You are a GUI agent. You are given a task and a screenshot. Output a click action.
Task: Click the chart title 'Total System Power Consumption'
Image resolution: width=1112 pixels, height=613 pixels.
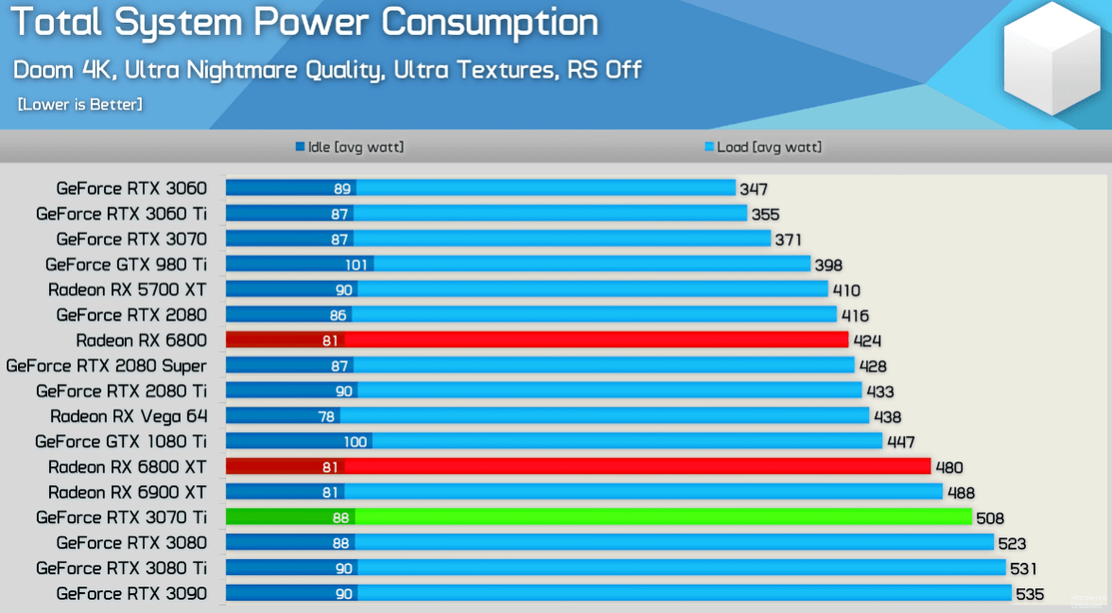click(x=304, y=23)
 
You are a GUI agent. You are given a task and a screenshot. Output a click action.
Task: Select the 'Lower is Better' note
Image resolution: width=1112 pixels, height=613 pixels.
click(x=80, y=104)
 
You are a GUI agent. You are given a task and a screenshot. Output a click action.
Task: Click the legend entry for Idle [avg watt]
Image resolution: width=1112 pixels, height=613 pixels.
click(x=349, y=148)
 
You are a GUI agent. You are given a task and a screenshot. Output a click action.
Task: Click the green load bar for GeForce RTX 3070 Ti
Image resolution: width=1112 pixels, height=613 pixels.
click(x=662, y=517)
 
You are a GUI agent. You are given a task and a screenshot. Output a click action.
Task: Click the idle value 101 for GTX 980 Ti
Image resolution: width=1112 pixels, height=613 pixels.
click(x=356, y=265)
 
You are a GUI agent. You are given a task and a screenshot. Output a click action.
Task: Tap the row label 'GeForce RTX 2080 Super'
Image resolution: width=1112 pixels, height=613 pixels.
click(x=106, y=365)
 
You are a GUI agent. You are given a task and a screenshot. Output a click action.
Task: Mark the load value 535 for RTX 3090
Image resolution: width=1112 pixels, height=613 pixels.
click(x=1029, y=594)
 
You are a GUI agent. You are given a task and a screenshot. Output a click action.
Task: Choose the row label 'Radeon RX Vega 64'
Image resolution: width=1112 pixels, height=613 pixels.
click(x=128, y=416)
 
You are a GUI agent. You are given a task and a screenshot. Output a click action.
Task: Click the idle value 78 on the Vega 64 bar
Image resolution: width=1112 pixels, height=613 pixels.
click(x=326, y=416)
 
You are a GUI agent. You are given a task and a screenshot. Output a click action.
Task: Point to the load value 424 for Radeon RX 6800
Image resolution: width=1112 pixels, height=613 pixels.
click(x=866, y=341)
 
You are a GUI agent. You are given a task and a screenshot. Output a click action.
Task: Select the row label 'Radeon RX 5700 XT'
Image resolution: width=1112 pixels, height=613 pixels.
click(x=127, y=289)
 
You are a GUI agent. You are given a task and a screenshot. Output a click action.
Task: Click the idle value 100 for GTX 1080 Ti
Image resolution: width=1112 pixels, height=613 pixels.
click(x=355, y=442)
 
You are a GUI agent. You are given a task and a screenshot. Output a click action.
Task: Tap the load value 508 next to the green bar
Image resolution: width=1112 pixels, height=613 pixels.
click(x=989, y=518)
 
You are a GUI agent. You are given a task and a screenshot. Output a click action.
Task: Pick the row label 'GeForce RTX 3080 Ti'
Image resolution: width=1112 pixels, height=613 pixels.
click(x=121, y=569)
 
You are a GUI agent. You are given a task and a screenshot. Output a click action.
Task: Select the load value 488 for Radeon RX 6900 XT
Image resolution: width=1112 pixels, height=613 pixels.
click(x=960, y=493)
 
